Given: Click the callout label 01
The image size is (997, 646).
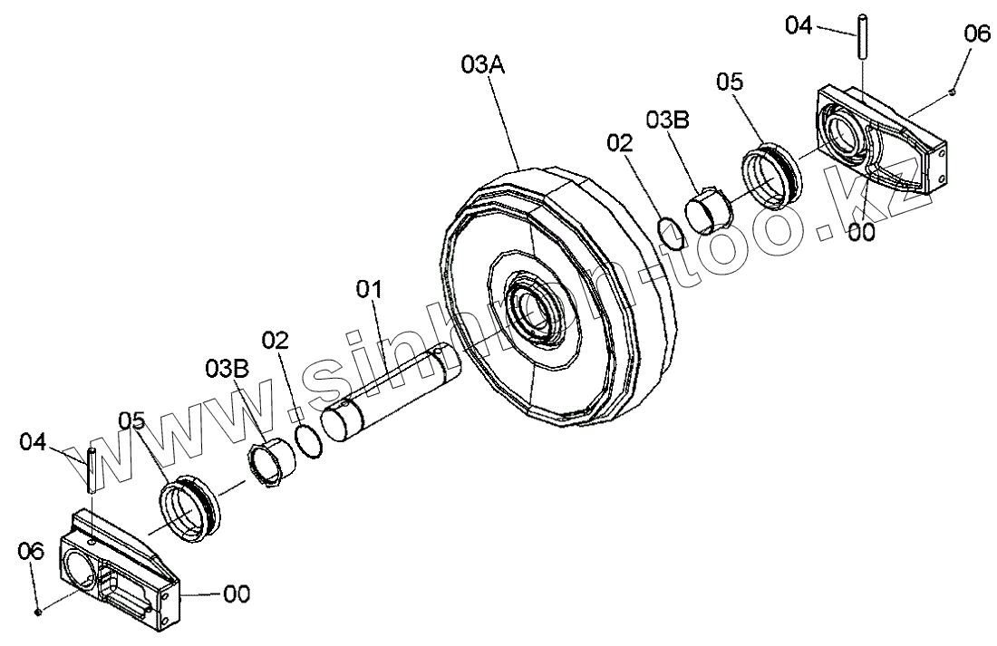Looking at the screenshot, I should tap(369, 290).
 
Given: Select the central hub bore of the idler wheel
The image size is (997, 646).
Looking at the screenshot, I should tap(536, 312).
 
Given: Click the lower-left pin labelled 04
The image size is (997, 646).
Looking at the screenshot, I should tap(92, 468).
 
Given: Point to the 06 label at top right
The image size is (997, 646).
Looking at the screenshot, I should tap(977, 34).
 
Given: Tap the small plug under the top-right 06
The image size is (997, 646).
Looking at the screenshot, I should tap(953, 92).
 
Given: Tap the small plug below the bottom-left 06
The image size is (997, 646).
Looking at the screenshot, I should tap(39, 612).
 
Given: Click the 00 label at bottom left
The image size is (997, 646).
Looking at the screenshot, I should tap(237, 594).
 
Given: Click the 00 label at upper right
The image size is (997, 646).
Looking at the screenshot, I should tap(862, 232).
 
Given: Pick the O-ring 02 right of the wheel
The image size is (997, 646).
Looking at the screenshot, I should tap(672, 231).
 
